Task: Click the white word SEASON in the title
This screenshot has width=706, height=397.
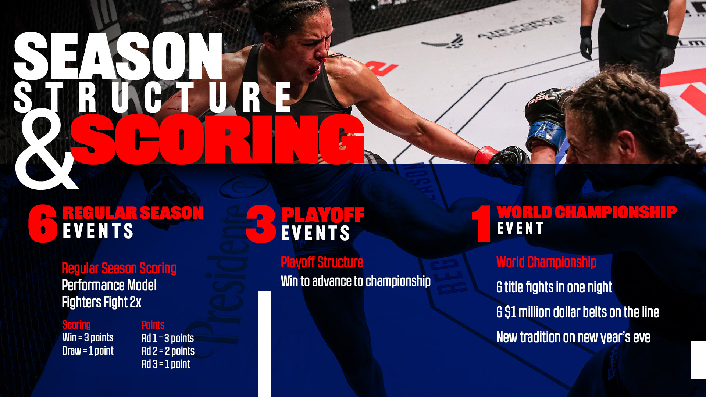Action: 118,56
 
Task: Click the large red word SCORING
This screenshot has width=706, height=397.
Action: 217,139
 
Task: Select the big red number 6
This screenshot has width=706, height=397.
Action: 43,223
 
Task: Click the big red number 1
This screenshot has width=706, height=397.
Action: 481,223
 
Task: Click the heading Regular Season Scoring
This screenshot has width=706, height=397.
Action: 119,268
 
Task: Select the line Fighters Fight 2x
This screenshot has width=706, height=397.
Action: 101,302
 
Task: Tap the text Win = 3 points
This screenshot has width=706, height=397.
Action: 88,337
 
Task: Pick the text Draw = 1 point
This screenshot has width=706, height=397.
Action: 88,351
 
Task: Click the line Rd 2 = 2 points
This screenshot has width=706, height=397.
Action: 168,351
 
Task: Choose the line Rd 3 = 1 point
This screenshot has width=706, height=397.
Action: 166,364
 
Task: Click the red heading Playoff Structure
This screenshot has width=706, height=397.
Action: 322,262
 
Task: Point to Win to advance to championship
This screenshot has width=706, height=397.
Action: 356,281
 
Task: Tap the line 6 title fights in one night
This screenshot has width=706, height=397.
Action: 554,287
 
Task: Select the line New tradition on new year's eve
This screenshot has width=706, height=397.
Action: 573,337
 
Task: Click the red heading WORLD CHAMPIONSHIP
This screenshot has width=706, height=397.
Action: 587,212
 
